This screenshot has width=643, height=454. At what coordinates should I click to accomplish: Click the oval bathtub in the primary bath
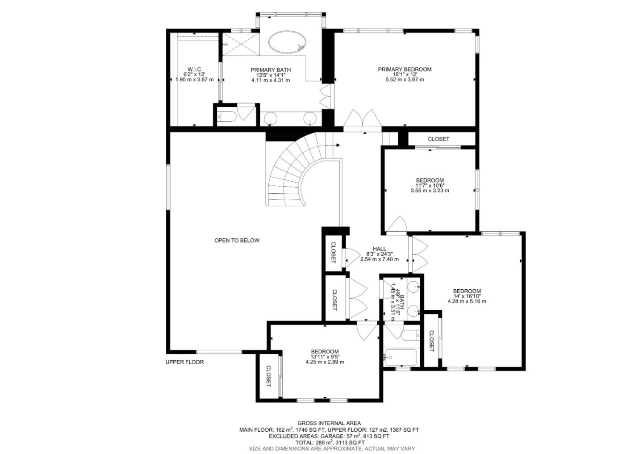point(288,42)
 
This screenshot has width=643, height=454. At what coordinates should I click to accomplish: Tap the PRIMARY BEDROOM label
point(405,69)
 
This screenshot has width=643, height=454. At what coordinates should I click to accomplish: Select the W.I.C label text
point(194,69)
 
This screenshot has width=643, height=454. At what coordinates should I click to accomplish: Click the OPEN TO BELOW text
point(237,241)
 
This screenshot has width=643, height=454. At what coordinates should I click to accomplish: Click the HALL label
point(379,249)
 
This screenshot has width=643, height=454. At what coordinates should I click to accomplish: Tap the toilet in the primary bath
point(224,117)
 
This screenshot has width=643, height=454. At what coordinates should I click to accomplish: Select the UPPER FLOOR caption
point(184,362)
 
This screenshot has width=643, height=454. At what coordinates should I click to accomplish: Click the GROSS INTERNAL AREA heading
point(329,423)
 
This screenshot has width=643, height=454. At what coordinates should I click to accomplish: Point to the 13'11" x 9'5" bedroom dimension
point(325,357)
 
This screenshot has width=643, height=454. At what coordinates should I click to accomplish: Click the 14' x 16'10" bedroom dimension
point(467,296)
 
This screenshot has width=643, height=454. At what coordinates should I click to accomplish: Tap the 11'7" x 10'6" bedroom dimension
point(430,185)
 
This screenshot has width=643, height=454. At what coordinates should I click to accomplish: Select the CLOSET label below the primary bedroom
point(438,139)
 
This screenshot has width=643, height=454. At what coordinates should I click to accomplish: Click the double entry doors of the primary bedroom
point(362,119)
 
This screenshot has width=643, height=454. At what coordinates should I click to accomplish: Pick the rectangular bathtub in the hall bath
point(401,358)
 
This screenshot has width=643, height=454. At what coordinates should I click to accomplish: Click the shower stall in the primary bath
point(240,43)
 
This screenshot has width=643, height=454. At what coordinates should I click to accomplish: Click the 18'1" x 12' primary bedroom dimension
point(405,75)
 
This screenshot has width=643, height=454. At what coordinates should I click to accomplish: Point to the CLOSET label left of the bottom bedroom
point(268,376)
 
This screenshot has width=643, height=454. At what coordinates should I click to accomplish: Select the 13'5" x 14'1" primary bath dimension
point(270,75)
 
